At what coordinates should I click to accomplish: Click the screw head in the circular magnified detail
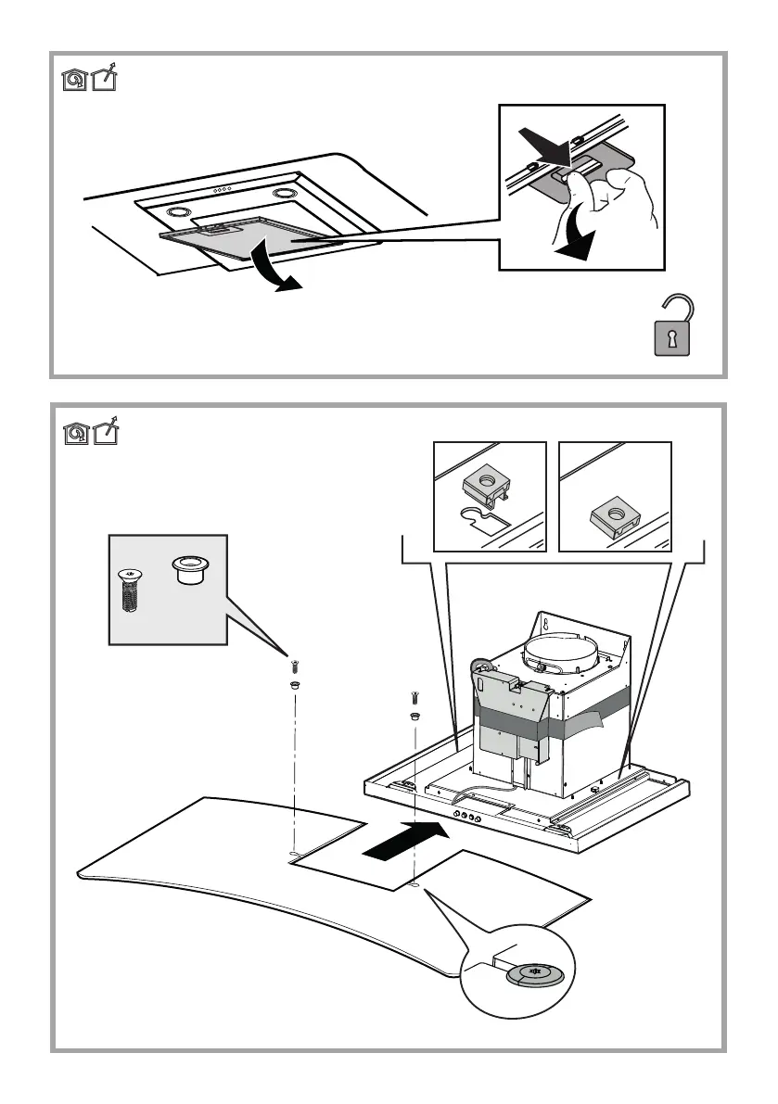(530, 972)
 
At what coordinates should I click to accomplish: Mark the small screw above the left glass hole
(292, 666)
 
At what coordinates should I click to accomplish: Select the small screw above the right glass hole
(414, 698)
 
